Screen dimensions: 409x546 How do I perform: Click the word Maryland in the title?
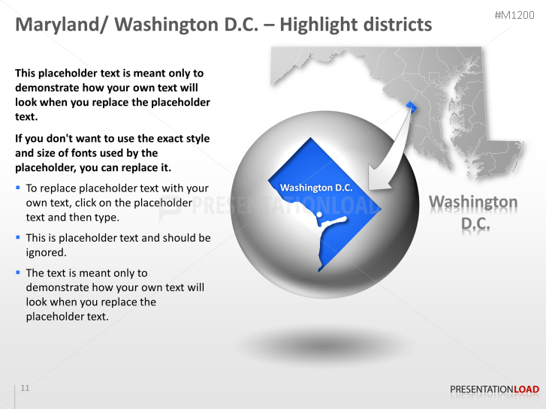pos(60,25)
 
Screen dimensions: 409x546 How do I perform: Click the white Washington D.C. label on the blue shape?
pos(315,188)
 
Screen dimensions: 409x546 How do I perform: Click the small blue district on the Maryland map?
pos(410,106)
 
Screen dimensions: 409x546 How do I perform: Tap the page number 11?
pos(26,388)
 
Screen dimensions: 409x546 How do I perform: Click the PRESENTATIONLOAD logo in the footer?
pos(494,389)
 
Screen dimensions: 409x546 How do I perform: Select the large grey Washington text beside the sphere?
pos(472,202)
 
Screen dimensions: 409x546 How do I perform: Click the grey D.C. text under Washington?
pos(475,224)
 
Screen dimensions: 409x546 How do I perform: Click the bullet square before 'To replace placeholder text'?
pos(18,187)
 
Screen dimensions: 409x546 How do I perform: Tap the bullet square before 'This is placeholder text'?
pos(18,236)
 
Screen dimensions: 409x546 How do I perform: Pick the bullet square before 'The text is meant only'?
pos(18,272)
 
